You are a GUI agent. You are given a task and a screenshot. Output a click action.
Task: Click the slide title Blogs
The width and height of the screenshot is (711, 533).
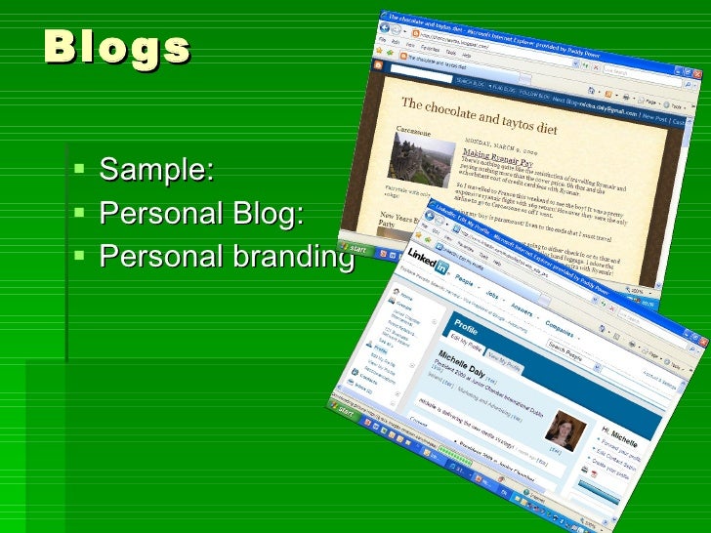coord(116,47)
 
